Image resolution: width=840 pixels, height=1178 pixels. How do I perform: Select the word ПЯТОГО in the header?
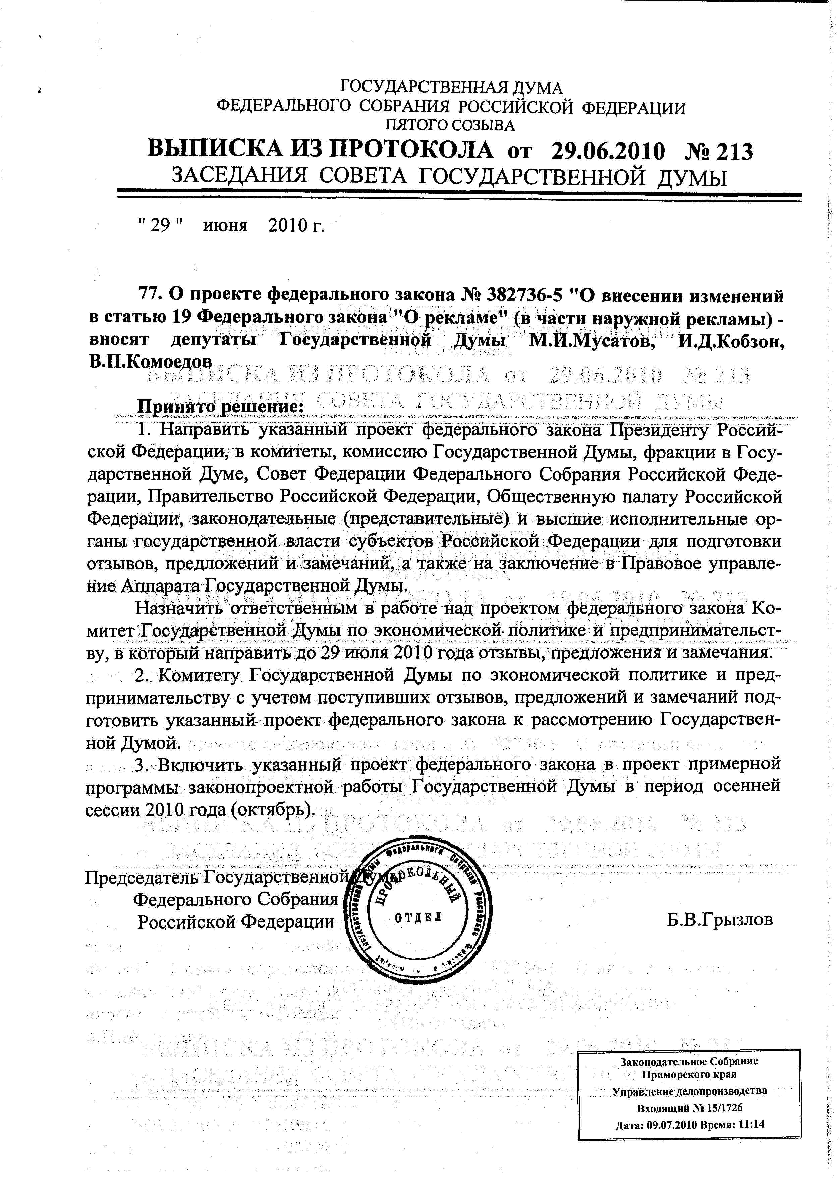[x=414, y=125]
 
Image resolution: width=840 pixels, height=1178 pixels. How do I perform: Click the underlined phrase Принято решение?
[x=219, y=406]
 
